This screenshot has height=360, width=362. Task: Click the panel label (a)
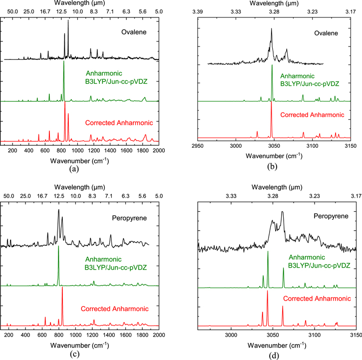point(74,169)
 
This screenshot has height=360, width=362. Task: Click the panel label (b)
point(272,166)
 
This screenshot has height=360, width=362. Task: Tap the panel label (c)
point(74,354)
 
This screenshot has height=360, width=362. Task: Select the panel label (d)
point(274,356)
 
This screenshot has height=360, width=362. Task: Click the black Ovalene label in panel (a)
point(134,32)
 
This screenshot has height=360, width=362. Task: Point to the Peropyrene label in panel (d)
point(331,216)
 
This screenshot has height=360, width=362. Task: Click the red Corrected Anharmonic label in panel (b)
point(312,115)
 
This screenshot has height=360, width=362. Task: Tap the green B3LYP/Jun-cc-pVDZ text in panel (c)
point(116,268)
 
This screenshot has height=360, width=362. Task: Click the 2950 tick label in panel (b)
point(198,146)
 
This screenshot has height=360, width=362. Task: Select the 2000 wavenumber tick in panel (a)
point(159,151)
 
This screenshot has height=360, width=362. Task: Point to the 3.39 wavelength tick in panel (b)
point(198,11)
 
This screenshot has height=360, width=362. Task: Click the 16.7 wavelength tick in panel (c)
point(42,196)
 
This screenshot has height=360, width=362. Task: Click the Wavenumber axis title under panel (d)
point(277,345)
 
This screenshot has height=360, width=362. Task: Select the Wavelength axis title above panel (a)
point(79,3)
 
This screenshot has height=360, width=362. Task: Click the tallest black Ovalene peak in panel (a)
point(68,21)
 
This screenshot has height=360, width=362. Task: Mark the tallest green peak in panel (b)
point(272,65)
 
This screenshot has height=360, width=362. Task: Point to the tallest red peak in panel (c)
point(62,288)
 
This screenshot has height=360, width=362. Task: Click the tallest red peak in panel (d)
point(267,291)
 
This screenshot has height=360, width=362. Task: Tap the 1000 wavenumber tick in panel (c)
point(75,335)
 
